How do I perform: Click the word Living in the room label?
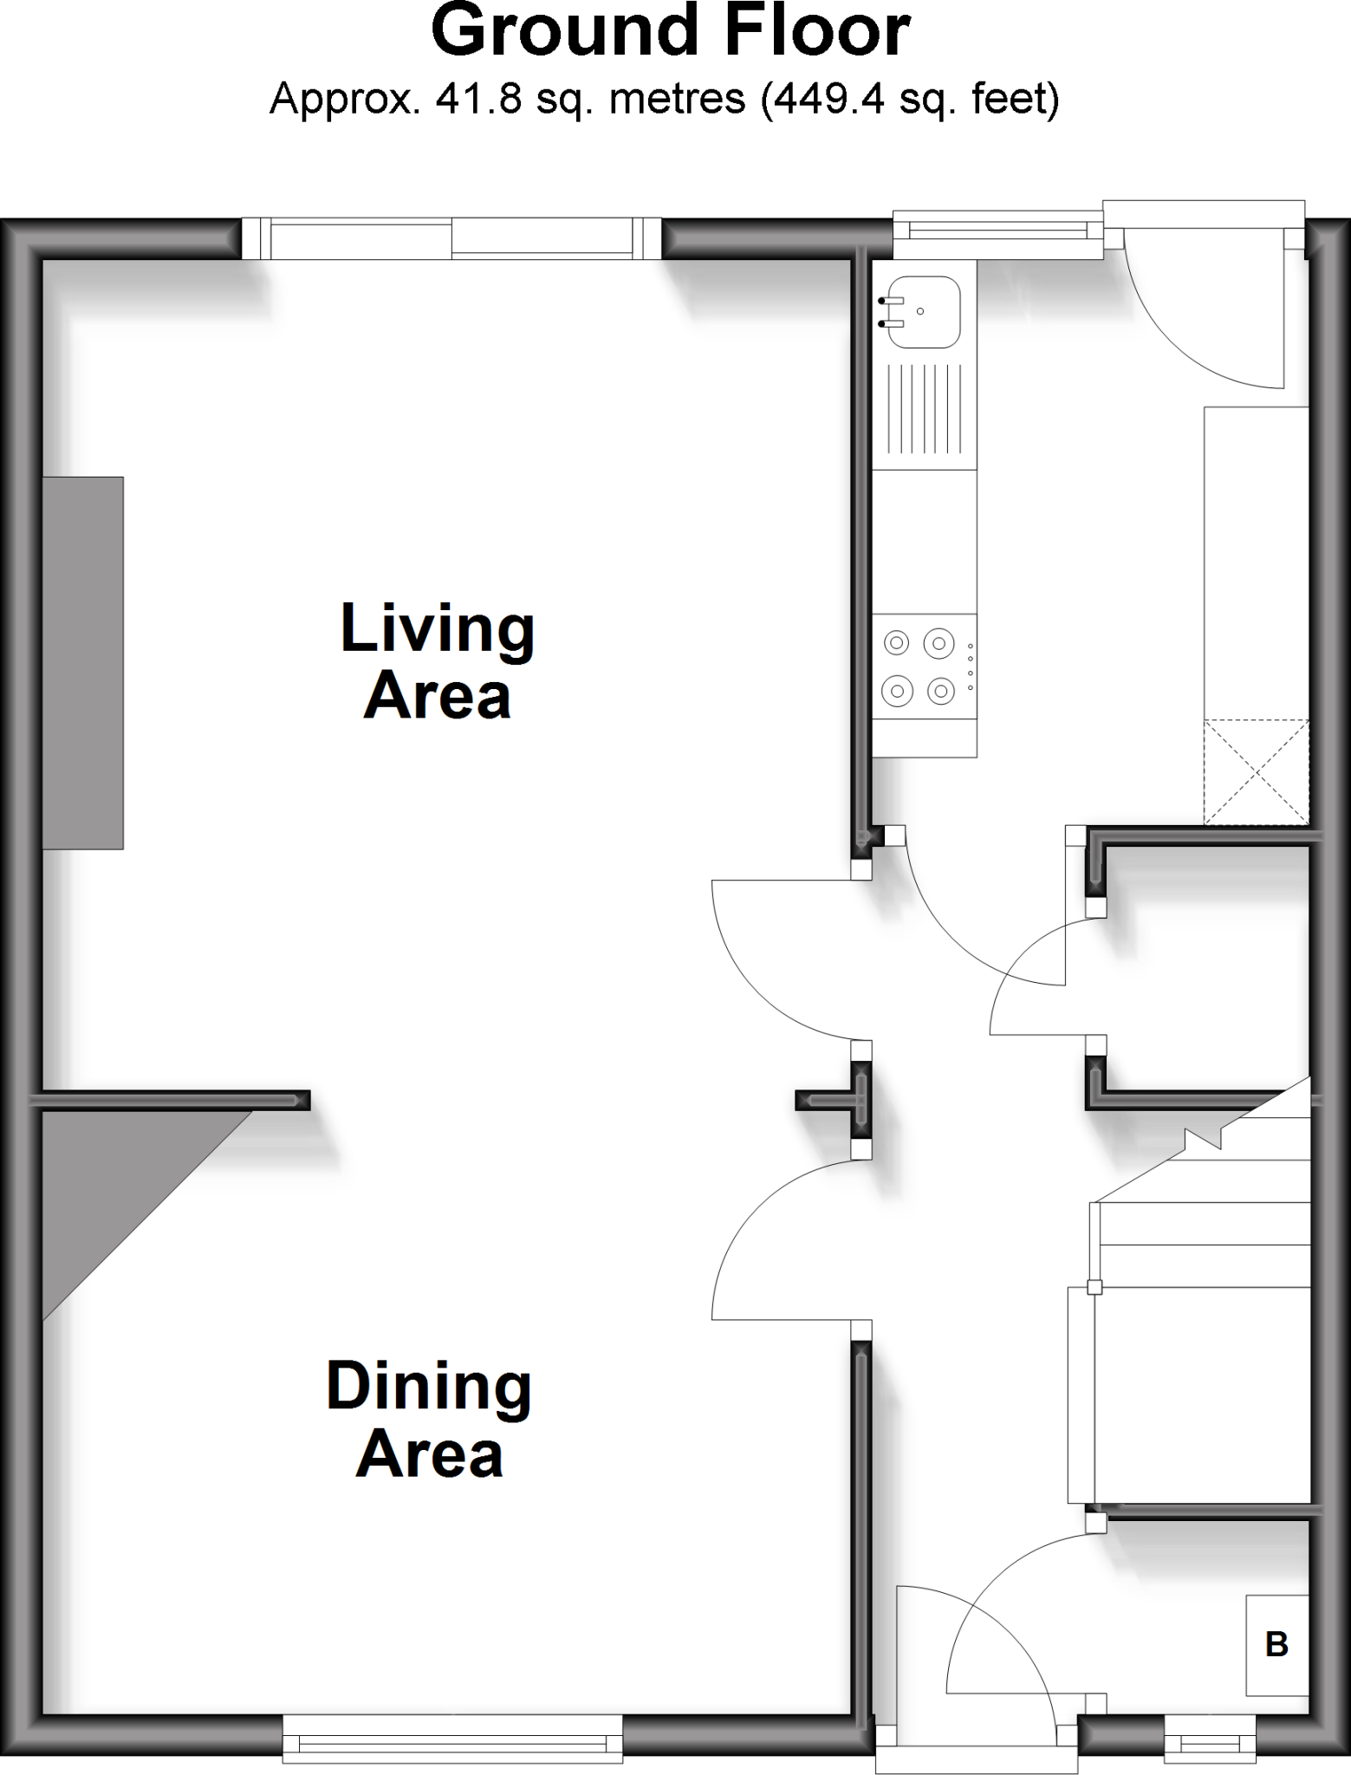pyautogui.click(x=438, y=630)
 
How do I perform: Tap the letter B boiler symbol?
pyautogui.click(x=1276, y=1644)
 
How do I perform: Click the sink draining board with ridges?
pyautogui.click(x=925, y=409)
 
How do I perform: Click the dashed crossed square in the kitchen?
pyautogui.click(x=1256, y=771)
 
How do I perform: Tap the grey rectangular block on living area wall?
pyautogui.click(x=83, y=662)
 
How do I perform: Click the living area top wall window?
pyautogui.click(x=451, y=239)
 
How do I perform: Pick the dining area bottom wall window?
pyautogui.click(x=452, y=1737)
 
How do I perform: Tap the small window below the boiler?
pyautogui.click(x=1210, y=1739)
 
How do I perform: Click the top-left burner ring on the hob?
pyautogui.click(x=896, y=644)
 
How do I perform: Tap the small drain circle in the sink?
pyautogui.click(x=920, y=311)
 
